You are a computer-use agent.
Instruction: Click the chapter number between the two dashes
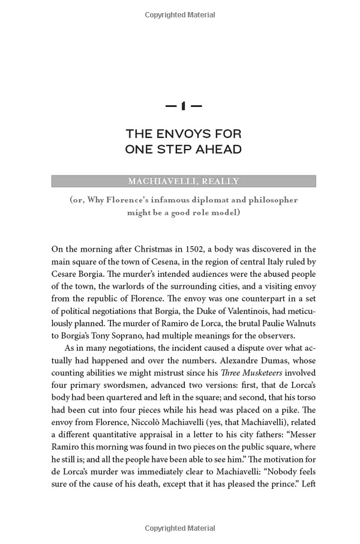tap(183, 106)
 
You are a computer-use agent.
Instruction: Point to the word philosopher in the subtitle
tap(268, 200)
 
